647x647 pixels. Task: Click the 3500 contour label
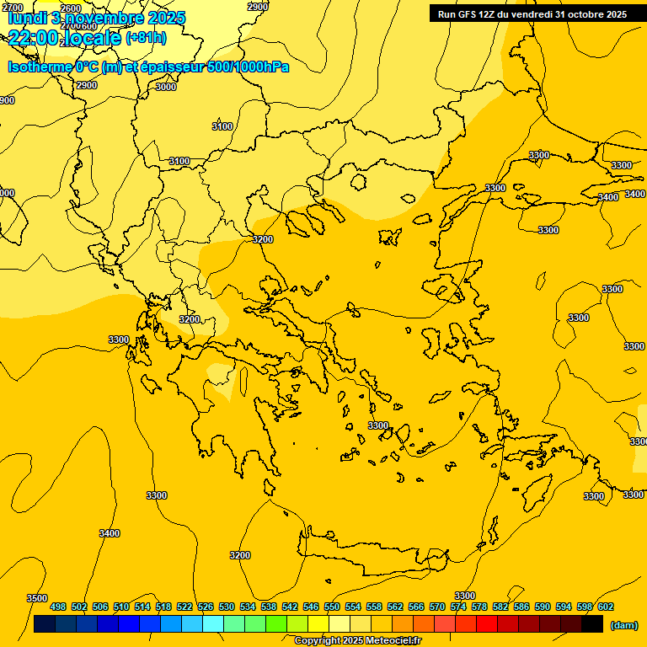click(36, 597)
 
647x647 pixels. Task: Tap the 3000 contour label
click(166, 87)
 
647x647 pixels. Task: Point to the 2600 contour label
click(72, 8)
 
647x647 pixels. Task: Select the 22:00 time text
click(34, 37)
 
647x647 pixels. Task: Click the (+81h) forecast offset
click(146, 38)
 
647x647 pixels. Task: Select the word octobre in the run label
click(575, 14)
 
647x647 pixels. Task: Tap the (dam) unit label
click(623, 625)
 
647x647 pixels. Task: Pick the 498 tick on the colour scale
click(58, 607)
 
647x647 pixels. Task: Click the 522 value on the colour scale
click(184, 607)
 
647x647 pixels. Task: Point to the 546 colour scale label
click(311, 607)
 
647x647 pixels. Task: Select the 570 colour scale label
click(437, 607)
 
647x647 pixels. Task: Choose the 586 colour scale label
click(521, 607)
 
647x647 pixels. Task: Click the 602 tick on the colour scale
click(606, 607)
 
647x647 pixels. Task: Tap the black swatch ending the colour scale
click(592, 624)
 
